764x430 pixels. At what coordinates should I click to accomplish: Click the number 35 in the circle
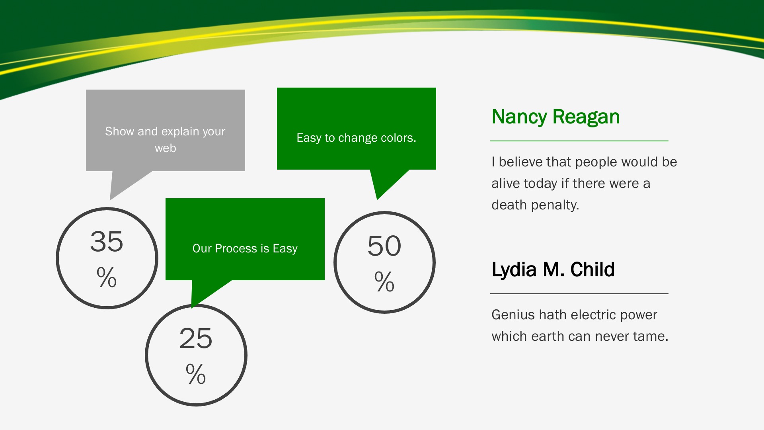click(107, 241)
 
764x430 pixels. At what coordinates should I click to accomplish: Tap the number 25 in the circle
click(196, 338)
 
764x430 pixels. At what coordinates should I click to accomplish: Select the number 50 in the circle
click(384, 246)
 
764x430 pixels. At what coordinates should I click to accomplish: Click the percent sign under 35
click(107, 277)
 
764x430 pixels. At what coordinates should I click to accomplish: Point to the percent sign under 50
click(384, 281)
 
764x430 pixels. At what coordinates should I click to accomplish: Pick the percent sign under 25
click(196, 374)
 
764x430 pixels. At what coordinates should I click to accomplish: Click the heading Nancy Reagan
click(555, 117)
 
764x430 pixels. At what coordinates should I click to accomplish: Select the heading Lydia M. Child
click(553, 270)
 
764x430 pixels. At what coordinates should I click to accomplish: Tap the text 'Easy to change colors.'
click(356, 138)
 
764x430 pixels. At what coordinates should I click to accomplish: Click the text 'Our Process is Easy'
click(245, 248)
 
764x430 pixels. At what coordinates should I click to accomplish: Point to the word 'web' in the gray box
click(165, 148)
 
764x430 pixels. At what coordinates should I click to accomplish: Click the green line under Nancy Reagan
click(579, 141)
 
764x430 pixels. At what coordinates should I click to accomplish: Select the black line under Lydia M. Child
click(579, 294)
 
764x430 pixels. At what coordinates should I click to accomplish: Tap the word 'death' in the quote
click(509, 205)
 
